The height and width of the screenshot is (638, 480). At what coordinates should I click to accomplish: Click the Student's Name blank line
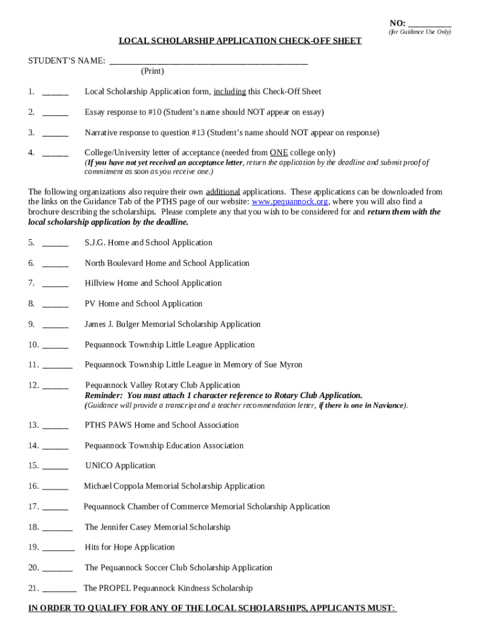[x=208, y=61]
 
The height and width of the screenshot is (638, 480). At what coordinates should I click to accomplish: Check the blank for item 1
[x=55, y=92]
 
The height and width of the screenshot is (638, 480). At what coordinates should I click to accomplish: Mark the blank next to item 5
[x=55, y=243]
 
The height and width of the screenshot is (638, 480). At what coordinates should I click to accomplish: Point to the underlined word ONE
[x=279, y=153]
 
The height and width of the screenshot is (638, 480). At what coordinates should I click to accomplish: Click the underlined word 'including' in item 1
[x=229, y=92]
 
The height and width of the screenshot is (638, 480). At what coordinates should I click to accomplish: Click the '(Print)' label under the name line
[x=152, y=72]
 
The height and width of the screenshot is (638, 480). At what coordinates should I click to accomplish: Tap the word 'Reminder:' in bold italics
[x=104, y=396]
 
